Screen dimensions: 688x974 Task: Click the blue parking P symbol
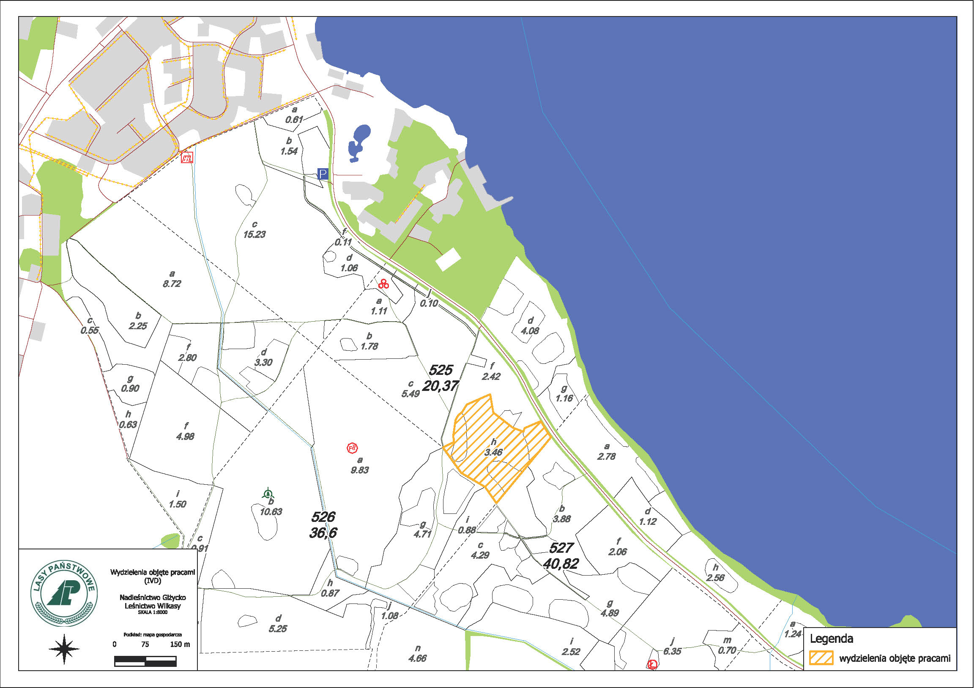pyautogui.click(x=323, y=174)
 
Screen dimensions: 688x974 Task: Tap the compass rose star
pyautogui.click(x=64, y=649)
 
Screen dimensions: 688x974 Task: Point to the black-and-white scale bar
pyautogui.click(x=145, y=661)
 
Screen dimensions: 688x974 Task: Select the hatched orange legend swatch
pyautogui.click(x=821, y=658)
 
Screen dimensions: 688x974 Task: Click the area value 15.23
pyautogui.click(x=254, y=234)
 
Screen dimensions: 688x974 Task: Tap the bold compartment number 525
pyautogui.click(x=441, y=370)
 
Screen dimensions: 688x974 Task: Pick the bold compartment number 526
pyautogui.click(x=323, y=517)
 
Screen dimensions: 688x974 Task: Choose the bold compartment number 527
pyautogui.click(x=561, y=548)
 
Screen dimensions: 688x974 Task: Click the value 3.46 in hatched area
pyautogui.click(x=493, y=452)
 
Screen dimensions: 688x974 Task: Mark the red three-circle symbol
pyautogui.click(x=383, y=284)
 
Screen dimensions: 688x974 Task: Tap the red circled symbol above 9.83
pyautogui.click(x=352, y=448)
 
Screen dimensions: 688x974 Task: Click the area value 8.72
pyautogui.click(x=172, y=283)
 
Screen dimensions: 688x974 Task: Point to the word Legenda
pyautogui.click(x=831, y=639)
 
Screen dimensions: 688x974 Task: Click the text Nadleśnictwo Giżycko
pyautogui.click(x=153, y=597)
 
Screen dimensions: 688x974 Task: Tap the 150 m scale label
pyautogui.click(x=180, y=644)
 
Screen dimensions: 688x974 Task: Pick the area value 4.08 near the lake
pyautogui.click(x=530, y=330)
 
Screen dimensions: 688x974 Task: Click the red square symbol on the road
pyautogui.click(x=187, y=158)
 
